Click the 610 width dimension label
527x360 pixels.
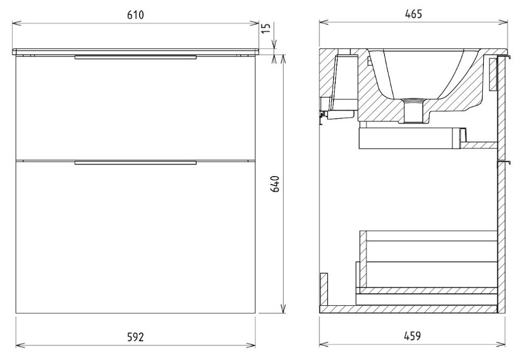click(135, 15)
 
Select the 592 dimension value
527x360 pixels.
click(135, 336)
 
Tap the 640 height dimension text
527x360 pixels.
click(275, 183)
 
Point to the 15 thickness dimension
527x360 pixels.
click(266, 28)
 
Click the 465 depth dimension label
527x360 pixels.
click(413, 14)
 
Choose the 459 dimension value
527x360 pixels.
click(412, 335)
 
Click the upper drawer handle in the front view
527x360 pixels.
click(135, 57)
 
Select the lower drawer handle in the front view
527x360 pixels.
click(135, 163)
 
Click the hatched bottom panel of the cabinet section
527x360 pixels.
click(408, 309)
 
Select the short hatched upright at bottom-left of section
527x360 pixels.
click(324, 289)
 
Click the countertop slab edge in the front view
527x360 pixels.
click(135, 52)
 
